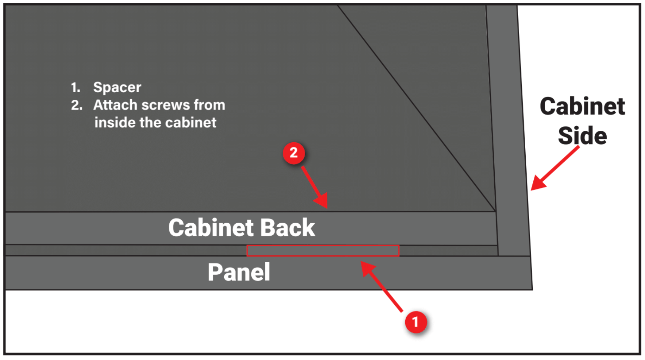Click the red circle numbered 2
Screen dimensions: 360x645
(x=294, y=153)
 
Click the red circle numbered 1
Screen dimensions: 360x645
(x=416, y=322)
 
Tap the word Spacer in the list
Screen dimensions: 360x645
(x=117, y=87)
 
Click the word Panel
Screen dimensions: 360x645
(x=239, y=272)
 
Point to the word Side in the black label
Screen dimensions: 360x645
(x=582, y=136)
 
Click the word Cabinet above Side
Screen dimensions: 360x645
(x=582, y=106)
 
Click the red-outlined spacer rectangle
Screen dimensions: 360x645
(x=322, y=250)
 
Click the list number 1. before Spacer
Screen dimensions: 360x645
(x=75, y=87)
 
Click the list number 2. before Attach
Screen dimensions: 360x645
(x=76, y=105)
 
